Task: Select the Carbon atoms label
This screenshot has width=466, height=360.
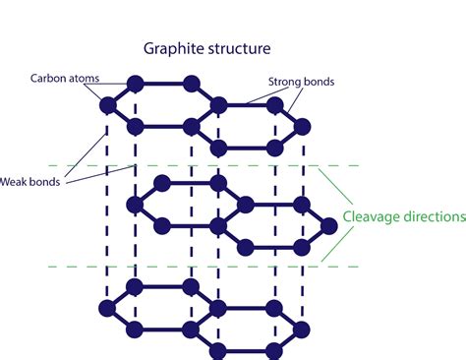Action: pos(61,76)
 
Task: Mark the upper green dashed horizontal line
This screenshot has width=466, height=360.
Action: pos(197,165)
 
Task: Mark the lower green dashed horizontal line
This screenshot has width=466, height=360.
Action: pos(197,266)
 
